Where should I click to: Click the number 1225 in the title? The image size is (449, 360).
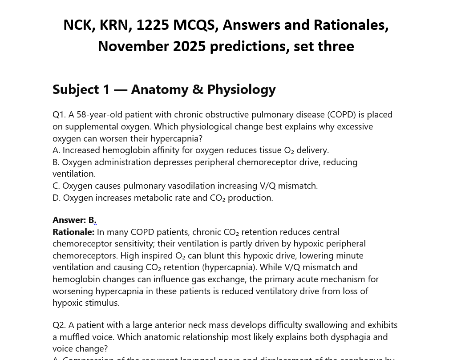click(x=153, y=25)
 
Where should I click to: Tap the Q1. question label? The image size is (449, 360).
click(x=59, y=114)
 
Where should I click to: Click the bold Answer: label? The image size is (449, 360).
click(x=69, y=220)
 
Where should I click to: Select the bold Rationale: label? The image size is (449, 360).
click(x=73, y=232)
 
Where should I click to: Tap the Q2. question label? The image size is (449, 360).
click(x=59, y=325)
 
